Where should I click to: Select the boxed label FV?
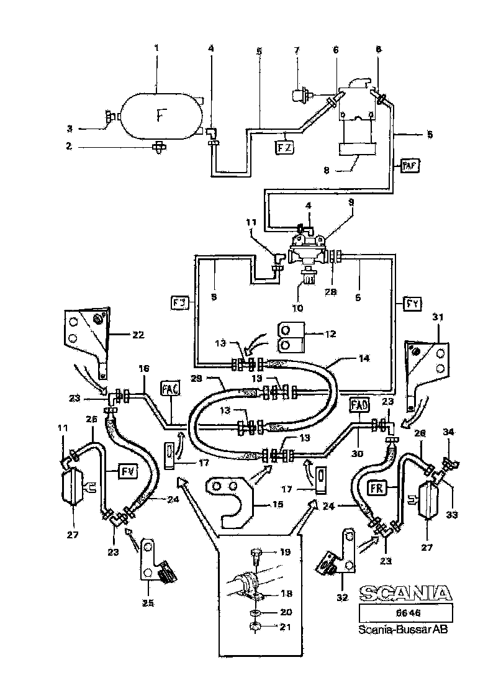pyautogui.click(x=127, y=471)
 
